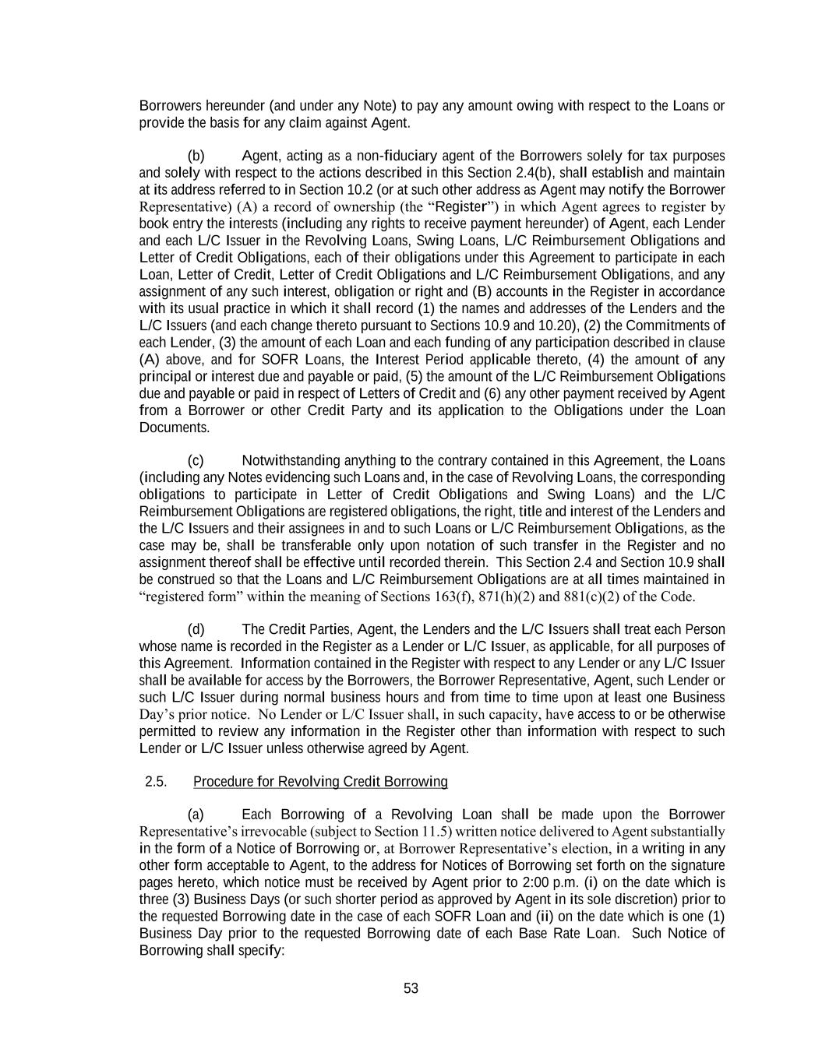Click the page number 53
coord(411,988)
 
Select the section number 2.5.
coord(156,781)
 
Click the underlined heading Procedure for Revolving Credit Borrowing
coord(320,781)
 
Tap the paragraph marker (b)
coord(196,156)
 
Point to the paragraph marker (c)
coord(196,460)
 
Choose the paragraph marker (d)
coord(196,629)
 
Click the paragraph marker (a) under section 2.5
coord(196,815)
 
